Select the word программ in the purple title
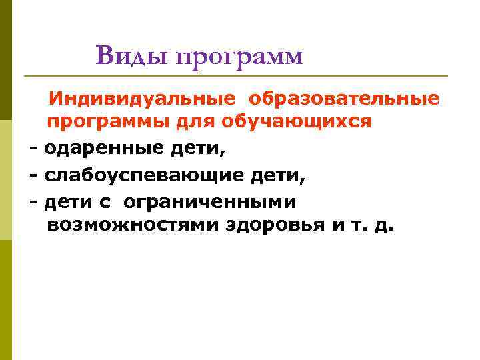point(239,57)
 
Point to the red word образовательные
point(345,99)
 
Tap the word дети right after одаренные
point(198,149)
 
